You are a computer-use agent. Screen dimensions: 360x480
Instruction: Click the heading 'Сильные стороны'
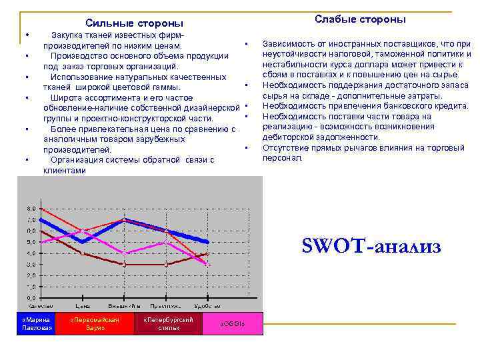(x=134, y=23)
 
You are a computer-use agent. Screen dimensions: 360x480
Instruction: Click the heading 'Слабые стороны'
(x=360, y=19)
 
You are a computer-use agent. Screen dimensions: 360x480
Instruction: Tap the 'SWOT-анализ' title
(x=371, y=247)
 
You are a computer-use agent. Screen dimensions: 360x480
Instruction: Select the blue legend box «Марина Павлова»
(x=36, y=323)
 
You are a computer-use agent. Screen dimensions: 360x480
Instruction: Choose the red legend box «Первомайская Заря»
(x=95, y=323)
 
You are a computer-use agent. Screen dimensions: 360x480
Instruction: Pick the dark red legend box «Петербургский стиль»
(x=169, y=323)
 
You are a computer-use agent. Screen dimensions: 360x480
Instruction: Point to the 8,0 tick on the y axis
(x=31, y=208)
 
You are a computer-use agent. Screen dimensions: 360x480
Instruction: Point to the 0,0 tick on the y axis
(x=31, y=298)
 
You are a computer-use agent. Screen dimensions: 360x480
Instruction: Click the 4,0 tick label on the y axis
(x=31, y=253)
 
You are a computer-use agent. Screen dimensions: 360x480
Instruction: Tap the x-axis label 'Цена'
(x=83, y=306)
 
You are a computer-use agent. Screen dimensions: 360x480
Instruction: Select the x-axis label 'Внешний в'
(x=124, y=306)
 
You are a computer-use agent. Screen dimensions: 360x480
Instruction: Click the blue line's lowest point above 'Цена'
(x=82, y=241)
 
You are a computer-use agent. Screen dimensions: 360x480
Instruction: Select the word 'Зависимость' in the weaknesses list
(x=289, y=43)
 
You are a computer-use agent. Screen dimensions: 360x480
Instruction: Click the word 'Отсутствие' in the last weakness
(x=286, y=147)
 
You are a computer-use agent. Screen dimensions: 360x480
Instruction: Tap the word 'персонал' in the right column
(x=282, y=158)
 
